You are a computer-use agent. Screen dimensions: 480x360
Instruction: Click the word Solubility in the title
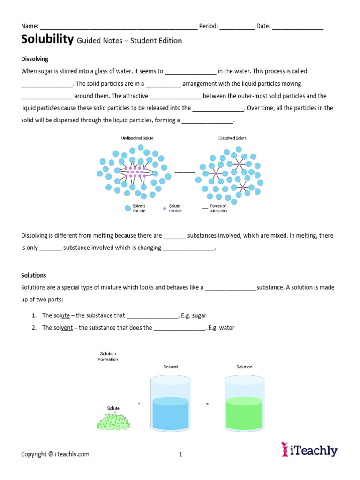point(47,39)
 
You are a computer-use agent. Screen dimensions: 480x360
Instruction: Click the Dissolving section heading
point(35,59)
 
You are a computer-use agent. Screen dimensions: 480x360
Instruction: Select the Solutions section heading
point(34,275)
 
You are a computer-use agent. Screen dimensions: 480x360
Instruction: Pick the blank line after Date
point(298,27)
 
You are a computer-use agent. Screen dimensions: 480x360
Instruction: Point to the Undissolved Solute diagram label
point(137,138)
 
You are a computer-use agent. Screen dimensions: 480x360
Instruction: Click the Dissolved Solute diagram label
point(232,138)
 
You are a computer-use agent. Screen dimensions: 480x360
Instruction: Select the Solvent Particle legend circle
point(127,209)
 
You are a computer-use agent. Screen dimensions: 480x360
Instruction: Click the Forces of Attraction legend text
point(218,209)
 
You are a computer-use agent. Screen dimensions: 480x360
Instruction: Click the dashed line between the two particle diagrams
point(185,172)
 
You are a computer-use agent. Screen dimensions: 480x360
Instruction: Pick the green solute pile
point(113,421)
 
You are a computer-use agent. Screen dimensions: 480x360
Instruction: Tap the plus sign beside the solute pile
point(139,403)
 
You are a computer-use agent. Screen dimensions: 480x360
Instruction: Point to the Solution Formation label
point(108,357)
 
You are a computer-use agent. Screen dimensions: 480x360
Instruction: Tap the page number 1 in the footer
point(180,454)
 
